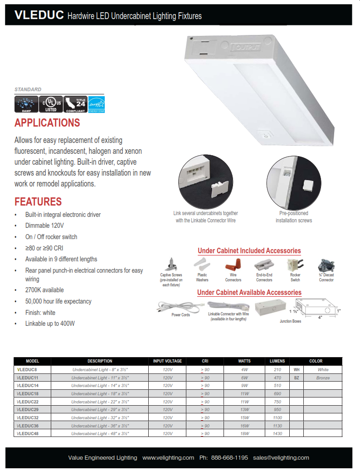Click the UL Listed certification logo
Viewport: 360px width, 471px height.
pos(51,104)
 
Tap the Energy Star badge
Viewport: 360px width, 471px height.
pos(96,104)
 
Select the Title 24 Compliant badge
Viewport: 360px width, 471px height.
pos(75,104)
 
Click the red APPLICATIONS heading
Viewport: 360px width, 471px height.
pos(47,123)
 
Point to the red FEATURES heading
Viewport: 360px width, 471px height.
pos(38,201)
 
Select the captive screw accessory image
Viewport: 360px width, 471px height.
pos(171,264)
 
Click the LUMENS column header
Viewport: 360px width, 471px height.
pos(277,361)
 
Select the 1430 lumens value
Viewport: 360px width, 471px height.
pos(277,434)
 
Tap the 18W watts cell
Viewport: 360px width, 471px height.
pos(244,434)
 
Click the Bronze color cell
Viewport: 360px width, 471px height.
pos(323,378)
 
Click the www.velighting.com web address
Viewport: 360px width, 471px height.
pos(168,457)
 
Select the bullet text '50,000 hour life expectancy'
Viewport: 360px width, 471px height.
pos(58,301)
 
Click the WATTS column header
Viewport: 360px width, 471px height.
pos(244,361)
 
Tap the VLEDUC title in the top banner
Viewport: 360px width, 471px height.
pos(39,15)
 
